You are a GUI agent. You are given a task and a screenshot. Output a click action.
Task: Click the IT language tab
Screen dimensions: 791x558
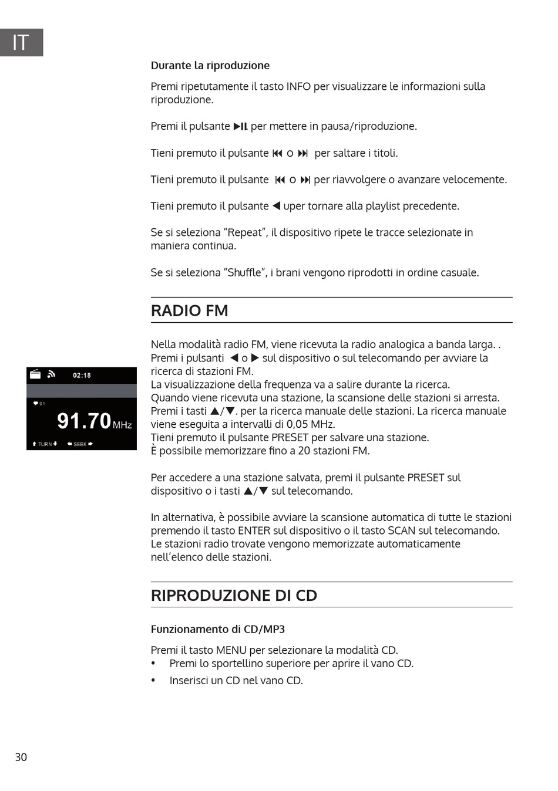[21, 42]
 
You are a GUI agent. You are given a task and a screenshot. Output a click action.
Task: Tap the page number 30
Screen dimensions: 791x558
[21, 757]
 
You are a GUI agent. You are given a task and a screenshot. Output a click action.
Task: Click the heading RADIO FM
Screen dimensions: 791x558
[189, 310]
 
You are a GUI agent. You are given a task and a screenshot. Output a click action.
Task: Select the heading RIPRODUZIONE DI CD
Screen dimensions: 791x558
[234, 595]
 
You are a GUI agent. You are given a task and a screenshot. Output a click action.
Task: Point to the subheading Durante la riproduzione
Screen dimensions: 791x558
[210, 65]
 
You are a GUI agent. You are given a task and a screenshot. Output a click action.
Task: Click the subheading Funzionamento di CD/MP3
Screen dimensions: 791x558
[217, 629]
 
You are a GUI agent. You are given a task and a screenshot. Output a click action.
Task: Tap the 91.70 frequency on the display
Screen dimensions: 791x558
[84, 421]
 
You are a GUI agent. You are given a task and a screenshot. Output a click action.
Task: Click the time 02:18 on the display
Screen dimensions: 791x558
[82, 376]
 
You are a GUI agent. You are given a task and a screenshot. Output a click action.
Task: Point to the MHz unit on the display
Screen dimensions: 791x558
[122, 425]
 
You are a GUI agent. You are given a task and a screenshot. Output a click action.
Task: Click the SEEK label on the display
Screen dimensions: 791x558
[80, 444]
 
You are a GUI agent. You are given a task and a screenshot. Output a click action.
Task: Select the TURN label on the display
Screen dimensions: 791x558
[45, 444]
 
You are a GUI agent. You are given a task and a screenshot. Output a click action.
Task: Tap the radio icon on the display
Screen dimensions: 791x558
[35, 374]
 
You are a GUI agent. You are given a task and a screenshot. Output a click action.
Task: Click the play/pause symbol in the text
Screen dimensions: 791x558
[240, 126]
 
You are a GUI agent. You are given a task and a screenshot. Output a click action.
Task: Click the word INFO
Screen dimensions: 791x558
[298, 86]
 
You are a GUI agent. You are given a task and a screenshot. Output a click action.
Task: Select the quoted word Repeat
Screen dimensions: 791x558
[245, 232]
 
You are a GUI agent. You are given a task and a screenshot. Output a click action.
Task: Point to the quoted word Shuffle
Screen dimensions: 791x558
[244, 272]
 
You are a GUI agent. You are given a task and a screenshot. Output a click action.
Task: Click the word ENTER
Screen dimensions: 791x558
[254, 530]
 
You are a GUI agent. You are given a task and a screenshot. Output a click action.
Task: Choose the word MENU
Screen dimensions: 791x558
[231, 650]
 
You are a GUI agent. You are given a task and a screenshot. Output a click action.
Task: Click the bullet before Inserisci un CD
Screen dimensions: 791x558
[153, 681]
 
